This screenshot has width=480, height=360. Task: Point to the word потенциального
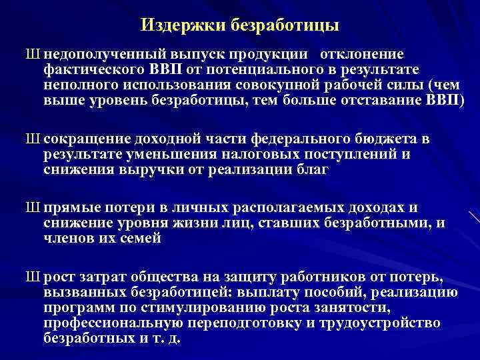click(267, 70)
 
